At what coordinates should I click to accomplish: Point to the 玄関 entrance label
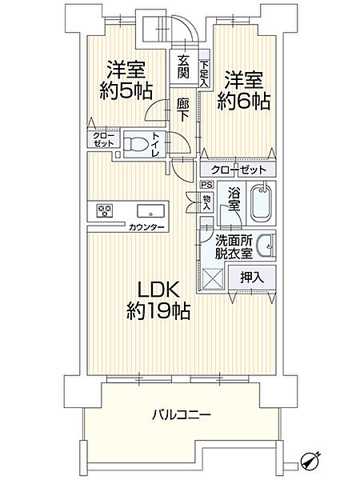(183, 67)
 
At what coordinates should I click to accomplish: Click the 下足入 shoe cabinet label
(204, 74)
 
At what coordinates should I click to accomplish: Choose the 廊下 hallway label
(183, 109)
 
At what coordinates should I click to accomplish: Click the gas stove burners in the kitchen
(106, 211)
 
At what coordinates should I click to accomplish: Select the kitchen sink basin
(149, 212)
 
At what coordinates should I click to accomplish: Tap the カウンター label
(146, 228)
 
